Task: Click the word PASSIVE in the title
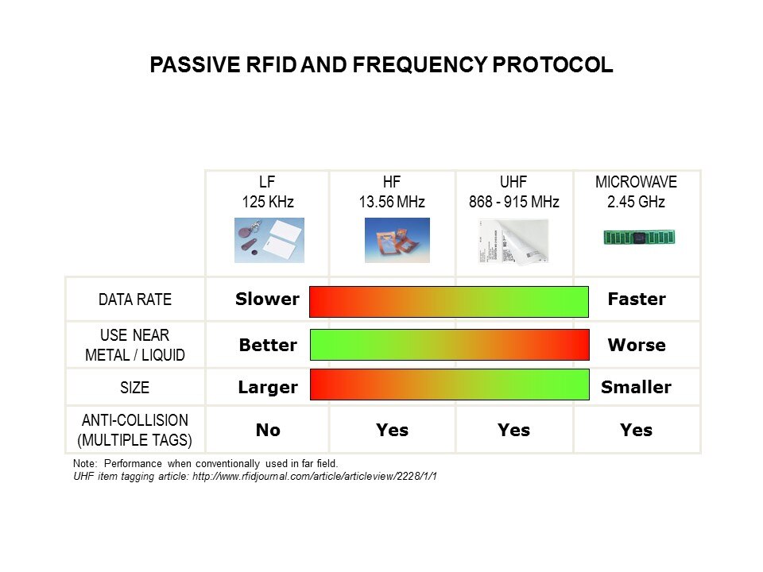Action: pyautogui.click(x=196, y=64)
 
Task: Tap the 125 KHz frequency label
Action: pyautogui.click(x=268, y=201)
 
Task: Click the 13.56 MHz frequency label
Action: pyautogui.click(x=392, y=201)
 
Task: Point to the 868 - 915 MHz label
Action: pyautogui.click(x=514, y=201)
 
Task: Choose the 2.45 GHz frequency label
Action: pyautogui.click(x=636, y=201)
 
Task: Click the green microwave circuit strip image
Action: pyautogui.click(x=639, y=238)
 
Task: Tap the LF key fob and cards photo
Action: pyautogui.click(x=269, y=240)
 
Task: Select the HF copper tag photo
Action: pyautogui.click(x=397, y=240)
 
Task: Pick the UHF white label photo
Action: pyautogui.click(x=513, y=242)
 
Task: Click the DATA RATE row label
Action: pyautogui.click(x=135, y=300)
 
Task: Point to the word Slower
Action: pyautogui.click(x=267, y=299)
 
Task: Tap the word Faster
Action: pyautogui.click(x=637, y=299)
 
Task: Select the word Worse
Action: pyautogui.click(x=637, y=345)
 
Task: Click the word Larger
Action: pyautogui.click(x=268, y=388)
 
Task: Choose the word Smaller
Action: pyautogui.click(x=636, y=387)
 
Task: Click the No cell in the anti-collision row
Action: pyautogui.click(x=268, y=430)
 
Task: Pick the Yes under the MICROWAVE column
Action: pyautogui.click(x=636, y=430)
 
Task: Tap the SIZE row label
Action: pyautogui.click(x=135, y=388)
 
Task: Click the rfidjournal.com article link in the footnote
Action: pyautogui.click(x=315, y=476)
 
